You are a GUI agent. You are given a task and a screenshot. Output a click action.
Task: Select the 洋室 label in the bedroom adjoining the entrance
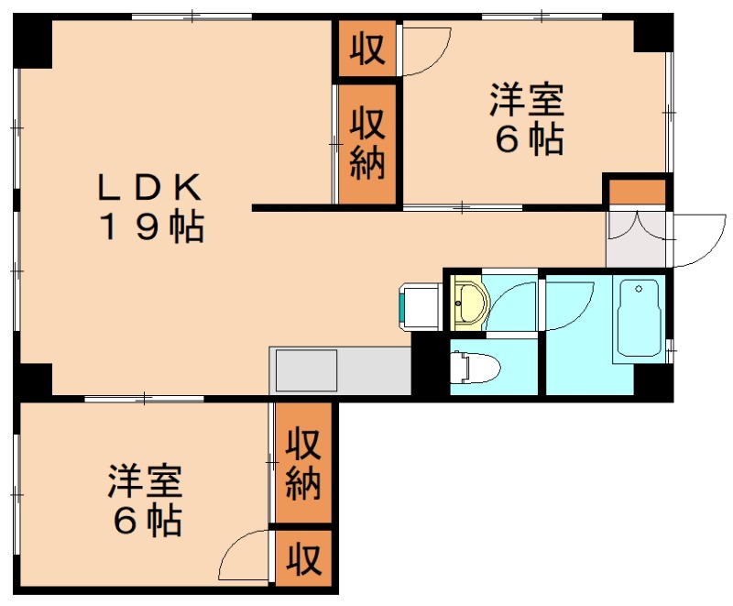pyautogui.click(x=526, y=100)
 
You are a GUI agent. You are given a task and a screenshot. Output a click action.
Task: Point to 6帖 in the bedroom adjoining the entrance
pyautogui.click(x=526, y=139)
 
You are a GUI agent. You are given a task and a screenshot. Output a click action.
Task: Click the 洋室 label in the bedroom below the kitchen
pyautogui.click(x=146, y=481)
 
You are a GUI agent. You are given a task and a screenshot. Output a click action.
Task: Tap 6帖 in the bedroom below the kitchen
pyautogui.click(x=146, y=521)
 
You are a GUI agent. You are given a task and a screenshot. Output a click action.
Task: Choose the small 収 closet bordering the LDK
pyautogui.click(x=366, y=49)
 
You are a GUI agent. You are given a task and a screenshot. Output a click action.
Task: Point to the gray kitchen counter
pyautogui.click(x=340, y=370)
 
